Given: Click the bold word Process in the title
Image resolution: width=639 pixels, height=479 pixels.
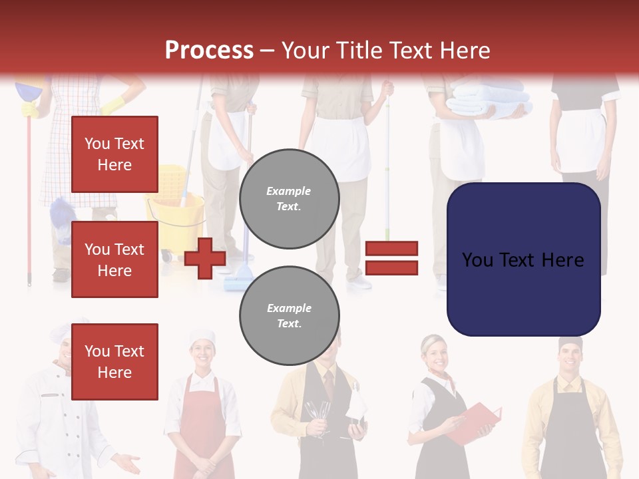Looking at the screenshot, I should (x=209, y=50).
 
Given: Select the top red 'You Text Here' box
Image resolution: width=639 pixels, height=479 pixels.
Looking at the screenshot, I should (x=114, y=154).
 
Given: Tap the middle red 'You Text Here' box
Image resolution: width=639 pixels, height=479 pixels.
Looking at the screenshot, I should (x=114, y=259).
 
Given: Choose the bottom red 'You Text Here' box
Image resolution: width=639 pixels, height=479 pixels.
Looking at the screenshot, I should (x=114, y=361).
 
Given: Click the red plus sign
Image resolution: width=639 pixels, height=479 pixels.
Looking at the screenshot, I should (x=205, y=259).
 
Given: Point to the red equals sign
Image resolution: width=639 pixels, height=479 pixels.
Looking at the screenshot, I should (x=391, y=258).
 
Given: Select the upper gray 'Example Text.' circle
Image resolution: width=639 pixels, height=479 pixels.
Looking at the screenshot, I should (x=289, y=198).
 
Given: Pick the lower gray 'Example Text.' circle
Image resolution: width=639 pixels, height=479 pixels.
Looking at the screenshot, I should (x=289, y=315).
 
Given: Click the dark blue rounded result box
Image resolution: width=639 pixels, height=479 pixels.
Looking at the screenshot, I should (x=523, y=259).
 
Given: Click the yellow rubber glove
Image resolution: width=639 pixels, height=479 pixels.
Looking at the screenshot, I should (x=113, y=104).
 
